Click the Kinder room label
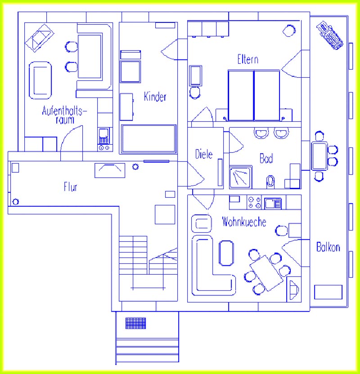155,97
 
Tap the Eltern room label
248,59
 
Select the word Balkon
328,247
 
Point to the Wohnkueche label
244,222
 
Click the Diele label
204,154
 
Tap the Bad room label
266,158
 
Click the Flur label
70,187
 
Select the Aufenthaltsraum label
64,115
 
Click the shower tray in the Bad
240,177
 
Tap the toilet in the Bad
270,182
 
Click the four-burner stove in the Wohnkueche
254,202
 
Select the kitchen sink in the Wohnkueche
273,204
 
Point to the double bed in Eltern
254,95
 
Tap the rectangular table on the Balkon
319,156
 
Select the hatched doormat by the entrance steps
135,323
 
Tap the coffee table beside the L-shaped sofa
226,253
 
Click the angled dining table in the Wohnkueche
266,273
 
